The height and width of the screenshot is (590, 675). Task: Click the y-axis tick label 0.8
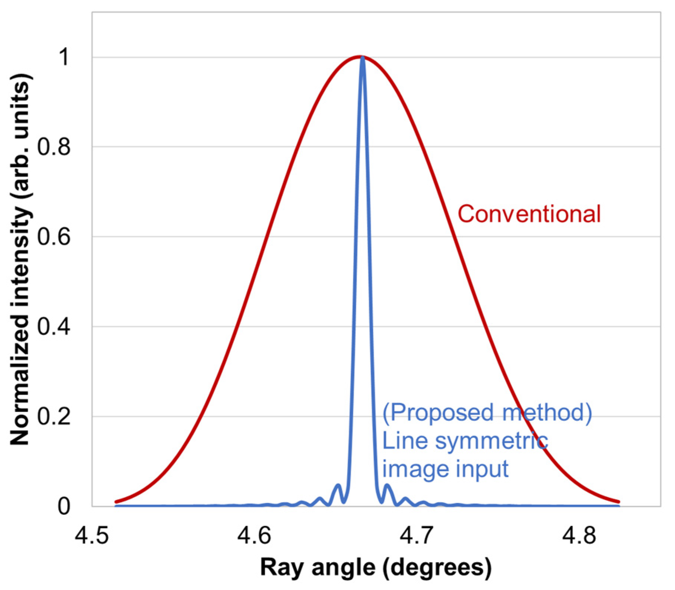54,147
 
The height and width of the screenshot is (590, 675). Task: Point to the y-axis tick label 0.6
54,237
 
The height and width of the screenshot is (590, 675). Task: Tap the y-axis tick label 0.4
54,327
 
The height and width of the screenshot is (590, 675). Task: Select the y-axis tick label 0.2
54,416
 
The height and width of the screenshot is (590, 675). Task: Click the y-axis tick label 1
64,57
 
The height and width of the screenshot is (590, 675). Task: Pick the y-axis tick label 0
64,506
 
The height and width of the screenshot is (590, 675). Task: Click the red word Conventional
529,214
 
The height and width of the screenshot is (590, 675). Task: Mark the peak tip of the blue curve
362,57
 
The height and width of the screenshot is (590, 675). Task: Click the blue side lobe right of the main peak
387,486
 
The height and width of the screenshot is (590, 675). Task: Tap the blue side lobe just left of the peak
337,486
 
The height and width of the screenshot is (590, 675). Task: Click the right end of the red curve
618,502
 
